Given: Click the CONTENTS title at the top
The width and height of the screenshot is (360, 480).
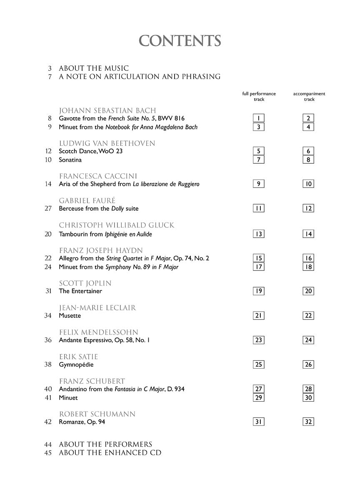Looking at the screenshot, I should tap(180, 41).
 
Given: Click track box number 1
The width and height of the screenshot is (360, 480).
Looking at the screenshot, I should tap(259, 119).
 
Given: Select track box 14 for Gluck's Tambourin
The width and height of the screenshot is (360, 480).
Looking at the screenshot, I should tap(308, 234).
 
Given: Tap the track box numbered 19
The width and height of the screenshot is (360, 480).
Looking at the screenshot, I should tap(259, 291).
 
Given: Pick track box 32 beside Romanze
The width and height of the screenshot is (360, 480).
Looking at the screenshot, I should tap(308, 422).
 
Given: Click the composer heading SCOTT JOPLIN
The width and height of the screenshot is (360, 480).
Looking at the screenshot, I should tap(85, 283).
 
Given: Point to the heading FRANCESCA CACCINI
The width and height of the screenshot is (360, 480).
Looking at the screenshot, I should tap(98, 176).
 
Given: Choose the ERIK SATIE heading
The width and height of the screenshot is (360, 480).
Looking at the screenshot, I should tap(78, 357).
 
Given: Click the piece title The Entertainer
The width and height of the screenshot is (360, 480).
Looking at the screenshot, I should tap(80, 291).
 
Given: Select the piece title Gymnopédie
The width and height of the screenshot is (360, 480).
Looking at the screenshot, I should tap(76, 365).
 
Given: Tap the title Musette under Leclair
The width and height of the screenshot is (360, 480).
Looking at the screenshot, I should tap(70, 316).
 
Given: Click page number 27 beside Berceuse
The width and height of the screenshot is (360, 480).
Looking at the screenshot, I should tap(48, 208).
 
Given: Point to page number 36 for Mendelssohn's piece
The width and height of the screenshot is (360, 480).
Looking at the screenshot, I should tap(48, 340).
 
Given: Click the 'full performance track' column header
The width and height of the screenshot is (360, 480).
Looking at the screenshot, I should tap(259, 97).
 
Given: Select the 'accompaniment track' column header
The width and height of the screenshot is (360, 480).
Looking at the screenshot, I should tap(309, 97).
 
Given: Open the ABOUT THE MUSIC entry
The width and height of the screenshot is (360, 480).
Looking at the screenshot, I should tap(94, 68).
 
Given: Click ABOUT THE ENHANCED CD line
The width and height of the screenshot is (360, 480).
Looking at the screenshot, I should tap(110, 453).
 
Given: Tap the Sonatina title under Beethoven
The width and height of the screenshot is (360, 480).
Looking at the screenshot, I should tap(70, 160).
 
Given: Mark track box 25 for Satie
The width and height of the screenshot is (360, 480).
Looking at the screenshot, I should tap(259, 365).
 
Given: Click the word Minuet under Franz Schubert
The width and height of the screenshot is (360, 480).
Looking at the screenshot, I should tap(68, 398).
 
